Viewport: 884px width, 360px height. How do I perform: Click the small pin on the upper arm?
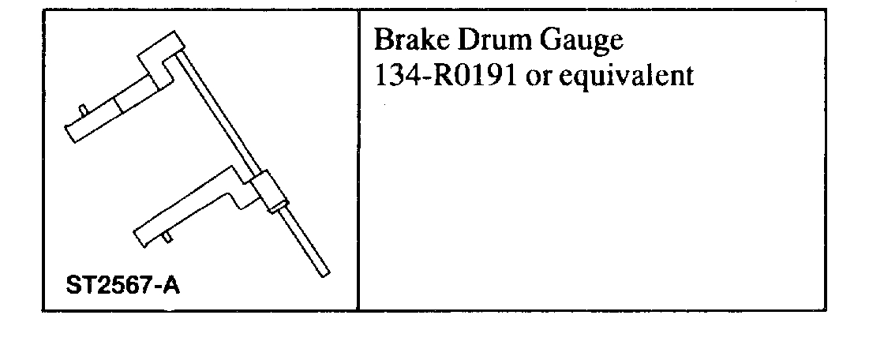[x=81, y=109]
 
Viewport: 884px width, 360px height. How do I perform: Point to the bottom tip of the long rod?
[x=324, y=272]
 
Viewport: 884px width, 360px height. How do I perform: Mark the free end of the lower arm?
[x=139, y=234]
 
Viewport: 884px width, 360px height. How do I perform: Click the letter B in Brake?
[x=381, y=40]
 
